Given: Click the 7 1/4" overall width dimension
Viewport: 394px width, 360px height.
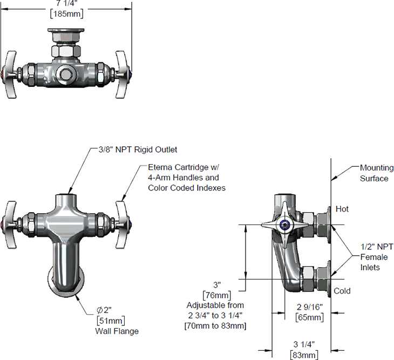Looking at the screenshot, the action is point(66,3).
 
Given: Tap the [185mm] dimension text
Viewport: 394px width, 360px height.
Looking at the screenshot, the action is point(66,13).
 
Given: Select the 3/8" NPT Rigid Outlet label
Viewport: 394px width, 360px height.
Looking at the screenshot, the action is point(138,150).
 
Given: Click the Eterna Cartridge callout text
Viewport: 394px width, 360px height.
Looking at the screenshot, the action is point(186,178).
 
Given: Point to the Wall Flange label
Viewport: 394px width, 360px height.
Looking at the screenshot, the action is point(117,331).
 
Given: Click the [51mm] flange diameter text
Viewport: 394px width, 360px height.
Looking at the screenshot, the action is point(111,321).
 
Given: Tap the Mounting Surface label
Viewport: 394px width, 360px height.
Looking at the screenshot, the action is point(377,173).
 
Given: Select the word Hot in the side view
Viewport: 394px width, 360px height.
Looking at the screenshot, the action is point(342,209).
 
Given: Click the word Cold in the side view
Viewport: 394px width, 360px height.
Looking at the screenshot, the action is point(342,291).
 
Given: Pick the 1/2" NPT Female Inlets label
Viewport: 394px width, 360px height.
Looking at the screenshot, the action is point(376,257).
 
